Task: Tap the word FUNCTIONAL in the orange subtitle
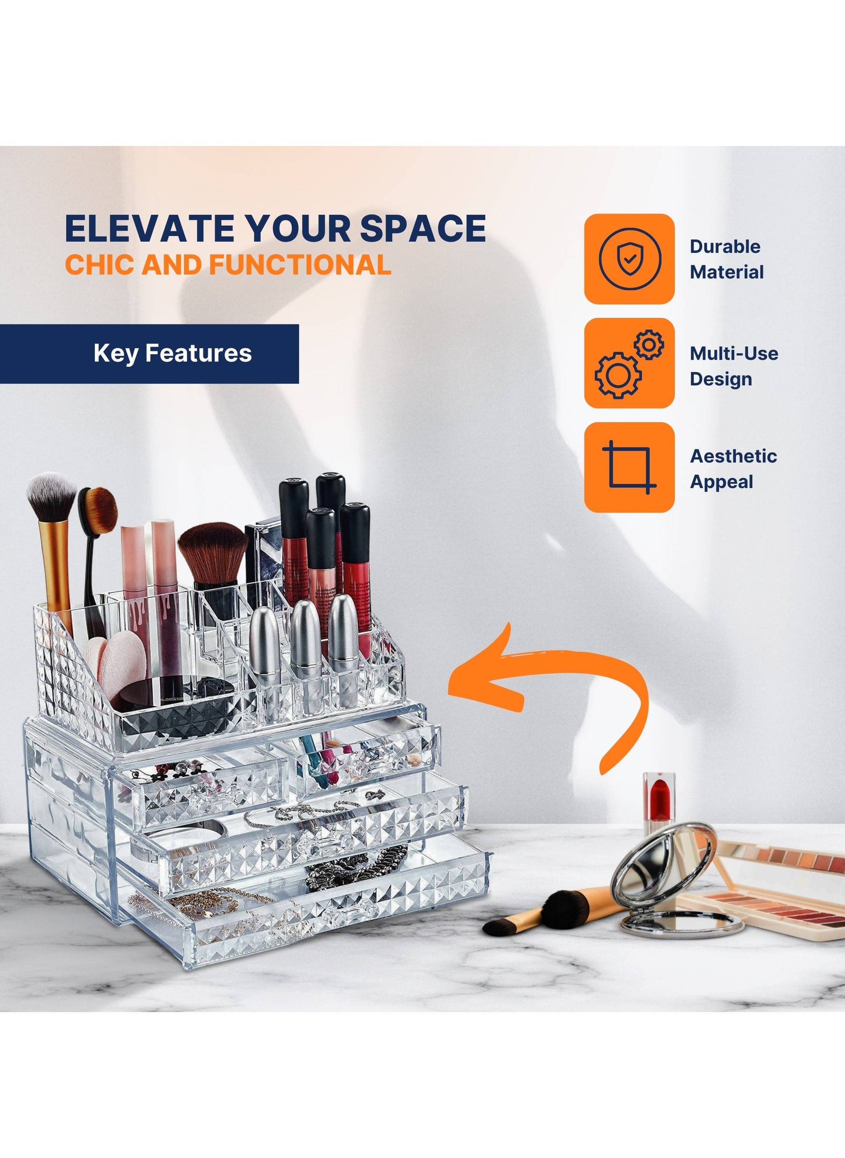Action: (x=300, y=265)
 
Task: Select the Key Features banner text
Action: (x=172, y=353)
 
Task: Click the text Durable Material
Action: (x=726, y=259)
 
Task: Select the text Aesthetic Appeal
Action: (x=733, y=469)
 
